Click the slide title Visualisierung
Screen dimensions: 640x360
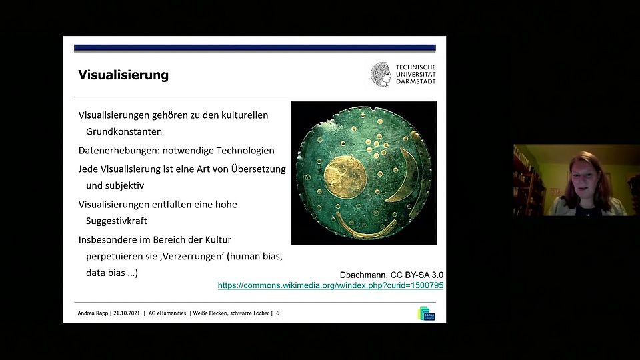pos(123,75)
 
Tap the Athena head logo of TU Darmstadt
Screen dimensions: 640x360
pos(381,74)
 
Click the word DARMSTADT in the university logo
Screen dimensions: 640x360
pos(415,81)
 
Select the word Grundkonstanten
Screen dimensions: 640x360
pos(124,131)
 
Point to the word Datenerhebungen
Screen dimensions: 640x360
pos(119,151)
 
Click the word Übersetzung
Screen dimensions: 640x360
pos(259,169)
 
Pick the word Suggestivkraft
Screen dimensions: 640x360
pos(116,221)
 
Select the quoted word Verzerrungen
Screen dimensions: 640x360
pos(193,257)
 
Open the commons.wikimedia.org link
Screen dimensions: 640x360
pos(331,285)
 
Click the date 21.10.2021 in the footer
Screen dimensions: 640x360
pos(127,313)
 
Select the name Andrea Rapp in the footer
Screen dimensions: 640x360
pos(93,313)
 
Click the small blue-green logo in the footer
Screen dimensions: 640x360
pos(426,313)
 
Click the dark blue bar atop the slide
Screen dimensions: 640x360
pos(255,48)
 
